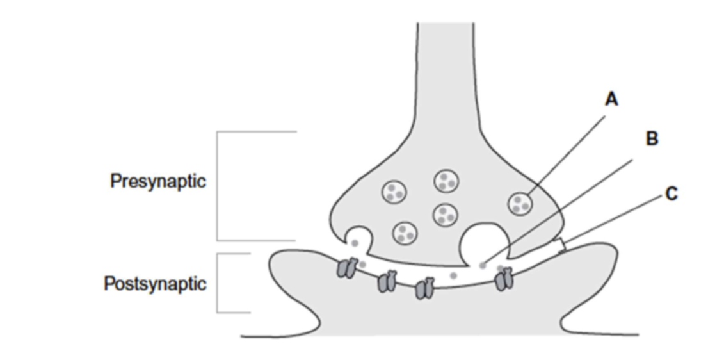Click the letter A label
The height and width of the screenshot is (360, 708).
(x=611, y=100)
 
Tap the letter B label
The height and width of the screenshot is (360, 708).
(x=652, y=139)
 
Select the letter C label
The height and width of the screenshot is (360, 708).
(x=671, y=193)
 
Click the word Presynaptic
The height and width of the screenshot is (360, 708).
(x=158, y=181)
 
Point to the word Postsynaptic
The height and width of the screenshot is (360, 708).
(x=155, y=283)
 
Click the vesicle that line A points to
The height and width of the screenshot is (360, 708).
(x=520, y=204)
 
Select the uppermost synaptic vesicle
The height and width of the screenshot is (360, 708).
(x=446, y=181)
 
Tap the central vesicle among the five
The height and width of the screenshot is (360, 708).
(x=444, y=214)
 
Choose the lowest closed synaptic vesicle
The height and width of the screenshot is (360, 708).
(x=405, y=233)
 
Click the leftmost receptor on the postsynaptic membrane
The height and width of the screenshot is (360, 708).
(x=346, y=268)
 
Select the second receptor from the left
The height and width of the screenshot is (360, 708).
(x=387, y=281)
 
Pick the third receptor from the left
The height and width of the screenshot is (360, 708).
(x=424, y=288)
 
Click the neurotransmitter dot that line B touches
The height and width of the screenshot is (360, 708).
(x=483, y=263)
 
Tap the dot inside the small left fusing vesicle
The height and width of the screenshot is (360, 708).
(x=355, y=242)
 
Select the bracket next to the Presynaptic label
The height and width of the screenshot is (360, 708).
(x=218, y=186)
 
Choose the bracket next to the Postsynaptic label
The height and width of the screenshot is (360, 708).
(x=218, y=283)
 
